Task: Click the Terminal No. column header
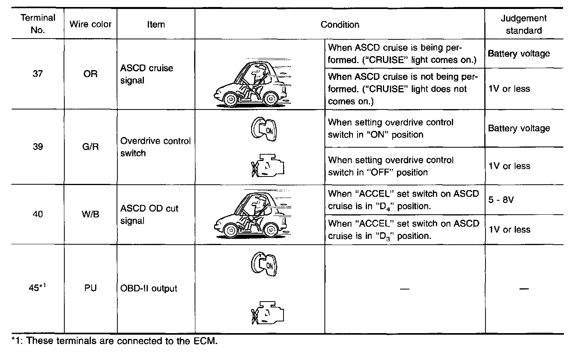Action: pos(38,24)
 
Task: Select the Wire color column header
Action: pos(90,24)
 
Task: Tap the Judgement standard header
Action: pos(524,24)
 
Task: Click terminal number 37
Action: pos(38,74)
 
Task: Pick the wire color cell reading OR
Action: pos(90,74)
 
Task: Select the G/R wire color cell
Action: pos(90,147)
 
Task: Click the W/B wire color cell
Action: pos(90,214)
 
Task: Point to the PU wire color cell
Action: pos(90,288)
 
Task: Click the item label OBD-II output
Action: pos(149,289)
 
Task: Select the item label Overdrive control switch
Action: pos(155,147)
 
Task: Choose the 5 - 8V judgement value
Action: pos(501,200)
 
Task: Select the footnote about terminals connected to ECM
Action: pos(114,341)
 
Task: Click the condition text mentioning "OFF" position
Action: pos(391,166)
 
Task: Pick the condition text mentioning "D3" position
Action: pos(404,230)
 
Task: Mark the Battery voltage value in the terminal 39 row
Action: pos(519,128)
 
